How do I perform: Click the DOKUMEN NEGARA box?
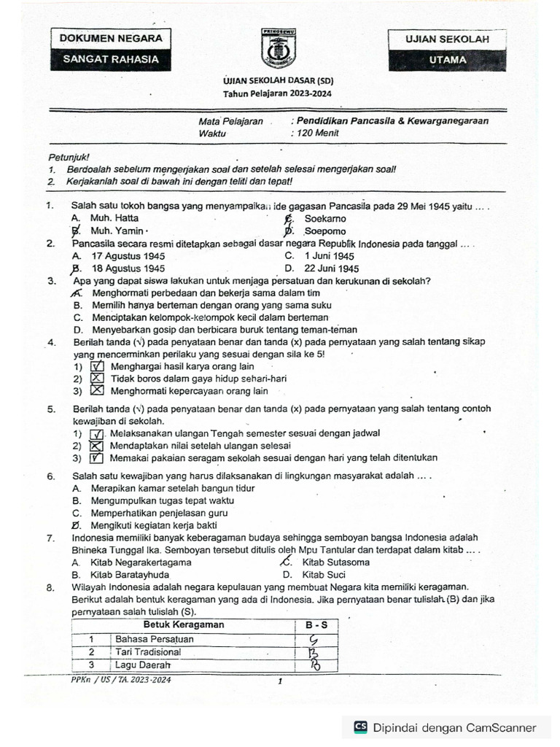point(106,39)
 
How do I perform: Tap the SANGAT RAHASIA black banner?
point(106,60)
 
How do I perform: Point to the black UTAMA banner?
point(448,61)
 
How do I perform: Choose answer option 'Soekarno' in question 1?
point(324,218)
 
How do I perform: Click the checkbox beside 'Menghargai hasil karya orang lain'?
point(97,367)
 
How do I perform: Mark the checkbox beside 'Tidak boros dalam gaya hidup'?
point(97,379)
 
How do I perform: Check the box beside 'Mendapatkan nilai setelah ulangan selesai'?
point(97,446)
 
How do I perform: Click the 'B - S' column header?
point(317,625)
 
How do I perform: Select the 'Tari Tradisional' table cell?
point(149,652)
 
